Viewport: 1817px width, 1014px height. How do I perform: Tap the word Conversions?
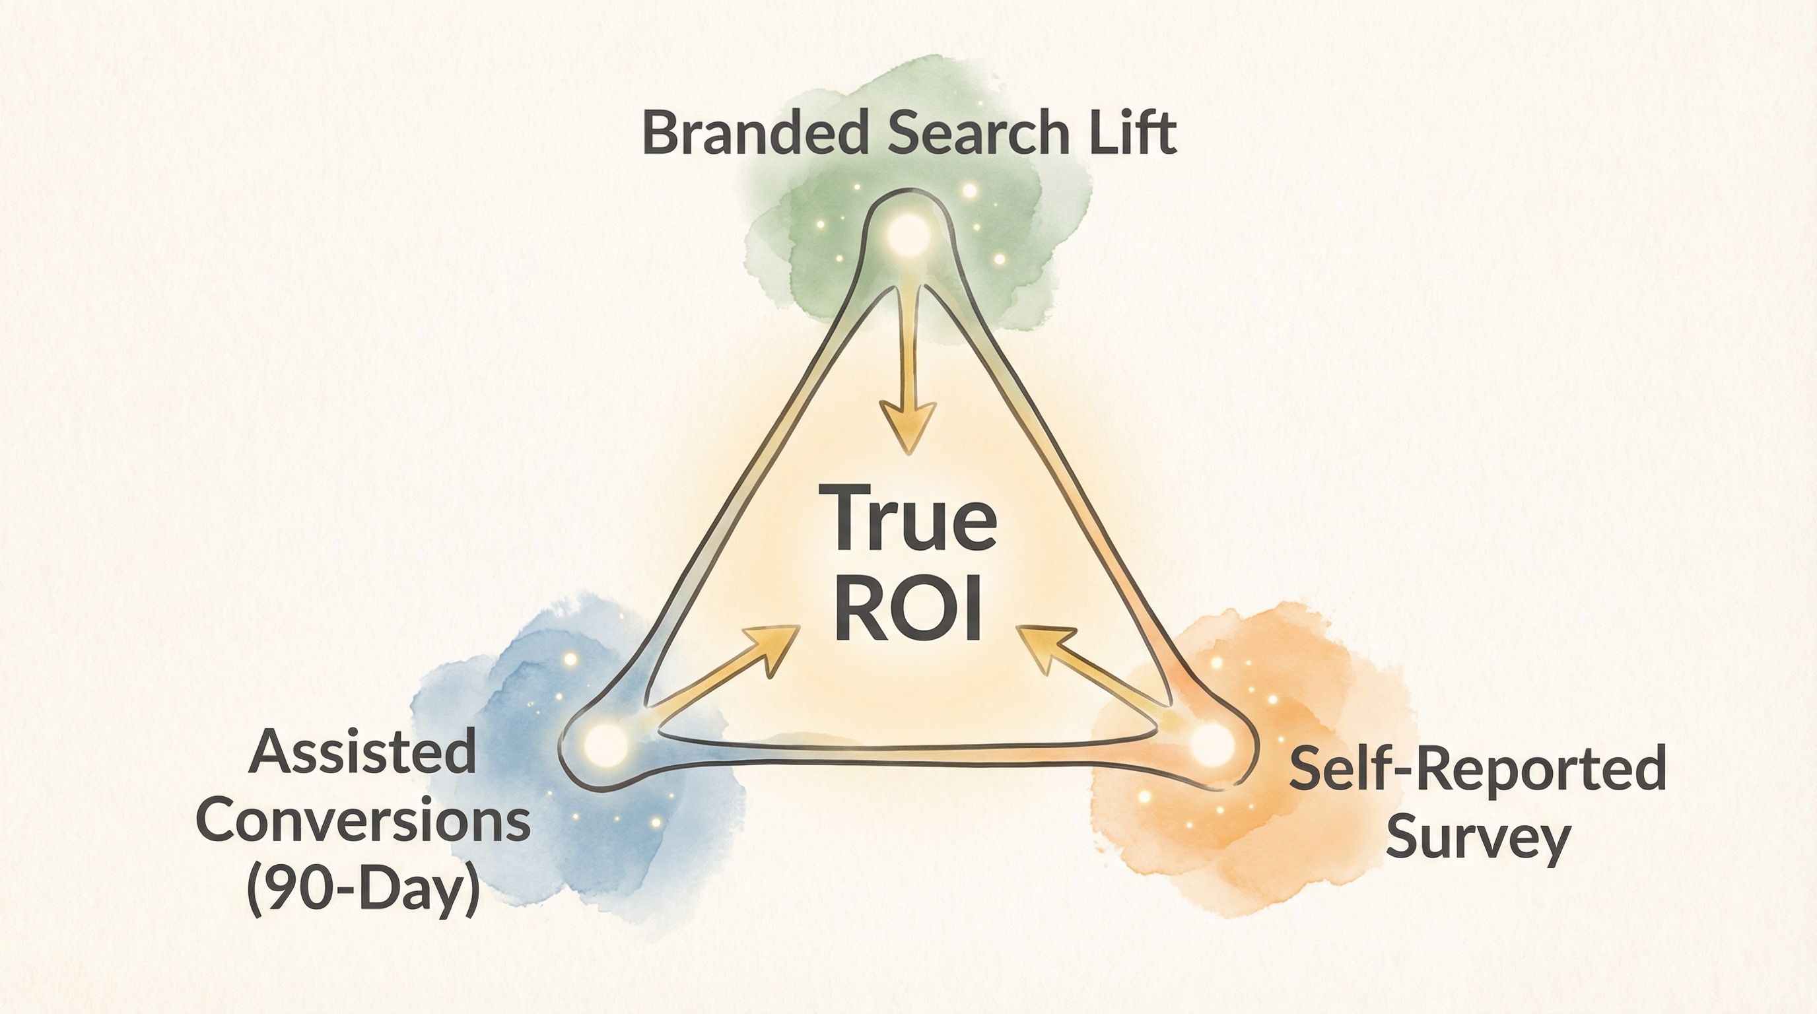(x=362, y=821)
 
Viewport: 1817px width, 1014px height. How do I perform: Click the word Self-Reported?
(x=1477, y=770)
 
